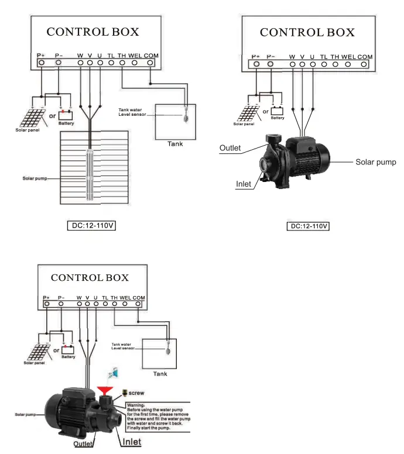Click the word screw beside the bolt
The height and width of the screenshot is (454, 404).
click(x=136, y=393)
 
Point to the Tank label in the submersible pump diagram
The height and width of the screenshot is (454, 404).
click(x=175, y=143)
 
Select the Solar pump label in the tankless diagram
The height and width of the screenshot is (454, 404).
click(x=376, y=161)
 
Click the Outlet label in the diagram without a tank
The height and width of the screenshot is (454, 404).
click(x=230, y=148)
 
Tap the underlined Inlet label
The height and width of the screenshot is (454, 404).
click(x=131, y=442)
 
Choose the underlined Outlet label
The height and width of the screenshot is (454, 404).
click(x=84, y=444)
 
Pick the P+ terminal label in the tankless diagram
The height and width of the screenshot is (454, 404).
click(x=256, y=57)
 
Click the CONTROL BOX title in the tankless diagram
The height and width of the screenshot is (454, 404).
click(x=307, y=32)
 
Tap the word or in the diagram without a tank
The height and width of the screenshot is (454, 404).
click(x=265, y=111)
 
